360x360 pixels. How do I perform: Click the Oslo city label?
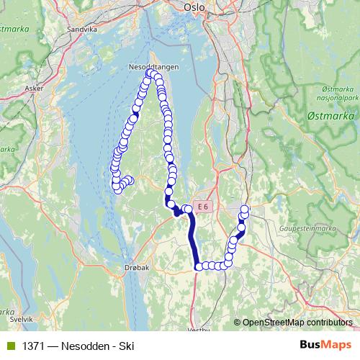point(194,7)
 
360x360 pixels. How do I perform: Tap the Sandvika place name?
point(81,30)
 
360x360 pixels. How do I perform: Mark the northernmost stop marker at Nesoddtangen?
point(150,73)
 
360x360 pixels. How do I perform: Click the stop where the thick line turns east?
point(198,266)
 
